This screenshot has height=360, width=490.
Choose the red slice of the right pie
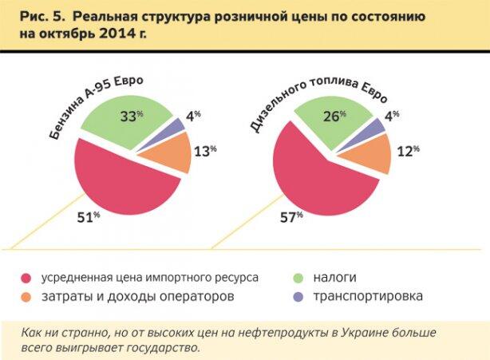[319, 180]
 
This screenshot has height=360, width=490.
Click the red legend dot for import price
[25, 278]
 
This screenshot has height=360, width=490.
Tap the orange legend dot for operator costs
[25, 297]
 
